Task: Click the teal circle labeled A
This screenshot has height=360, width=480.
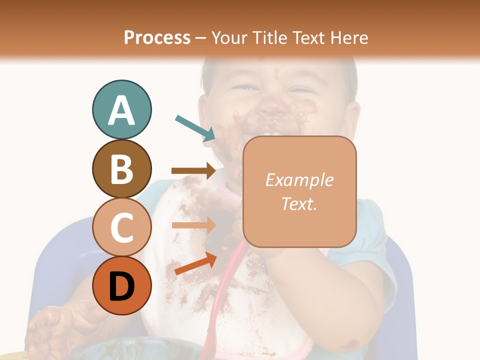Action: pyautogui.click(x=121, y=109)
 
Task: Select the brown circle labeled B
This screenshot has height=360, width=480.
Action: pyautogui.click(x=121, y=168)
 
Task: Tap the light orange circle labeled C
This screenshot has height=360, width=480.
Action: pyautogui.click(x=121, y=227)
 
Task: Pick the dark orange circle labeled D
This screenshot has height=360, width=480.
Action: pyautogui.click(x=121, y=286)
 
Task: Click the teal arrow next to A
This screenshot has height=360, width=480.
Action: pyautogui.click(x=195, y=128)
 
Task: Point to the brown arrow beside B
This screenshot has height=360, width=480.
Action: pyautogui.click(x=193, y=171)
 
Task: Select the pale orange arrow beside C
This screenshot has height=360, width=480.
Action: pyautogui.click(x=193, y=225)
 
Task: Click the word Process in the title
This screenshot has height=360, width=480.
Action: pyautogui.click(x=157, y=37)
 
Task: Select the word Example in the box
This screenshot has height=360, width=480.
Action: pyautogui.click(x=299, y=180)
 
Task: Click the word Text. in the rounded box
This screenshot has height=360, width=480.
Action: pyautogui.click(x=299, y=203)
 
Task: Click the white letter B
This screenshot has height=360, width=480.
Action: pyautogui.click(x=121, y=169)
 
